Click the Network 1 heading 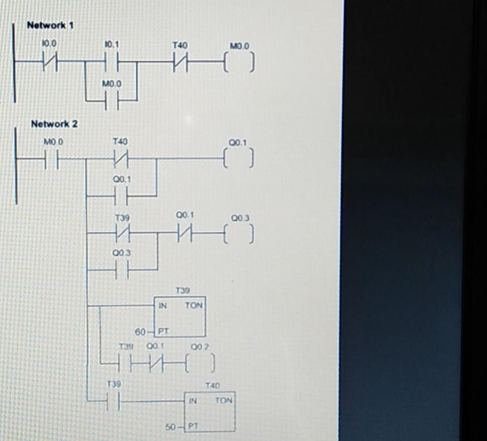pyautogui.click(x=50, y=25)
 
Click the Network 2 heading pyautogui.click(x=54, y=124)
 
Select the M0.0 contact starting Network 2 pyautogui.click(x=53, y=160)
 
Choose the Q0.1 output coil pyautogui.click(x=237, y=160)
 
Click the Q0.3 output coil pyautogui.click(x=237, y=235)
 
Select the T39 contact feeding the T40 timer pyautogui.click(x=113, y=401)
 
